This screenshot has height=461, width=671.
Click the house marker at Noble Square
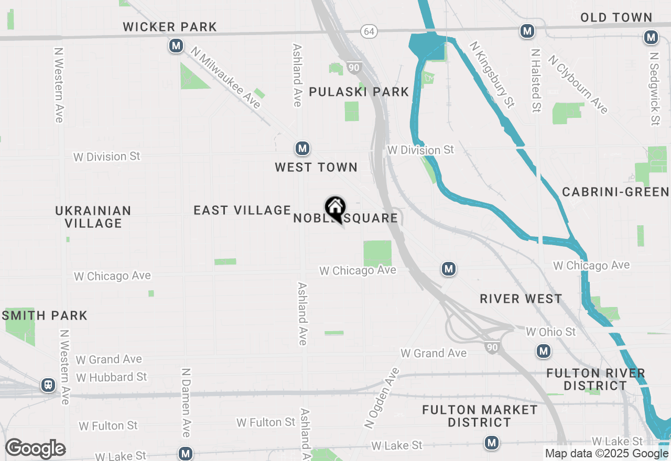click(335, 208)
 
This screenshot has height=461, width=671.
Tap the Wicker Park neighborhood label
click(170, 27)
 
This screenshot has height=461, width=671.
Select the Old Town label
click(616, 17)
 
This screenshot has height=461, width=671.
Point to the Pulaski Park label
click(359, 92)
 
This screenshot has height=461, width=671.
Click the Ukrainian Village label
click(93, 217)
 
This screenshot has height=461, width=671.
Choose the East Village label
click(242, 210)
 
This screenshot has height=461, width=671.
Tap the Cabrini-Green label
click(615, 192)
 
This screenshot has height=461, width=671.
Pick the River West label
click(521, 299)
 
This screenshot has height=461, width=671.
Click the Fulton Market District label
click(480, 416)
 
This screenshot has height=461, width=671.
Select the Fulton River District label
click(596, 379)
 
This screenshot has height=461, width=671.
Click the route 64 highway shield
click(369, 31)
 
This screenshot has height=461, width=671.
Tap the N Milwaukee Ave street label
click(226, 78)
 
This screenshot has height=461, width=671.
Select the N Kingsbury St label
click(491, 75)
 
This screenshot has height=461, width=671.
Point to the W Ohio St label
click(550, 332)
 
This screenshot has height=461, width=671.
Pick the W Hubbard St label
click(111, 377)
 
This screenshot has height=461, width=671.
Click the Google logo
click(35, 448)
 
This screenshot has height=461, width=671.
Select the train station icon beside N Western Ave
click(48, 386)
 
